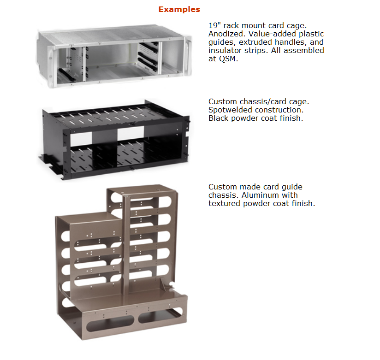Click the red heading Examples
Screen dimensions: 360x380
[179, 9]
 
